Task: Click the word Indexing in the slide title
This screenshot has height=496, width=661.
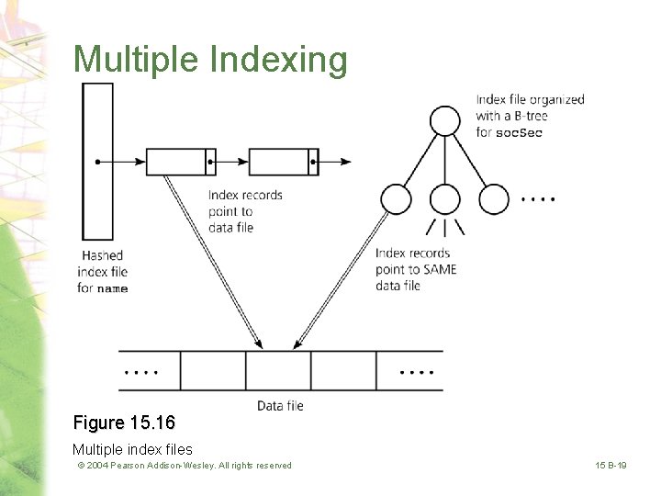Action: pyautogui.click(x=279, y=61)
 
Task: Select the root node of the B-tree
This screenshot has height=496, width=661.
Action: pyautogui.click(x=445, y=120)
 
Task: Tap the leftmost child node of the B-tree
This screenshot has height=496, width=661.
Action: pyautogui.click(x=396, y=198)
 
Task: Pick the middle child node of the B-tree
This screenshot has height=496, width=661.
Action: pyautogui.click(x=445, y=198)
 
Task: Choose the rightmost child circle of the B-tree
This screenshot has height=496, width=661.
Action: pyautogui.click(x=494, y=198)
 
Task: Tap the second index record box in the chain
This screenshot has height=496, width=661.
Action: pyautogui.click(x=279, y=162)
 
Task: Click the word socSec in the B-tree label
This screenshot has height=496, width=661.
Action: pyautogui.click(x=519, y=133)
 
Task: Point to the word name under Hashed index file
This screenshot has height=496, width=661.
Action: pyautogui.click(x=112, y=289)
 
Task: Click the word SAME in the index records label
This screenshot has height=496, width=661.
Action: pyautogui.click(x=440, y=269)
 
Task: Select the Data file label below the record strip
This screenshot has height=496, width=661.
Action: pyautogui.click(x=280, y=405)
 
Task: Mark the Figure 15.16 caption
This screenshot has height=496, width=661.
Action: pyautogui.click(x=124, y=423)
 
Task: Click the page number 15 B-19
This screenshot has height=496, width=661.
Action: pyautogui.click(x=610, y=466)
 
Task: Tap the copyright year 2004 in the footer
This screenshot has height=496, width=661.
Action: pyautogui.click(x=100, y=466)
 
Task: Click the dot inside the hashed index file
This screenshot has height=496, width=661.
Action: pyautogui.click(x=96, y=162)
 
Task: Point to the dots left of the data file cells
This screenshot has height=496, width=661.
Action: pyautogui.click(x=140, y=372)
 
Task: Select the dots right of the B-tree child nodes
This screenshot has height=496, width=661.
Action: pyautogui.click(x=537, y=198)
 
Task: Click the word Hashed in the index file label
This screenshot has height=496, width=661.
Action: pyautogui.click(x=102, y=255)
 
